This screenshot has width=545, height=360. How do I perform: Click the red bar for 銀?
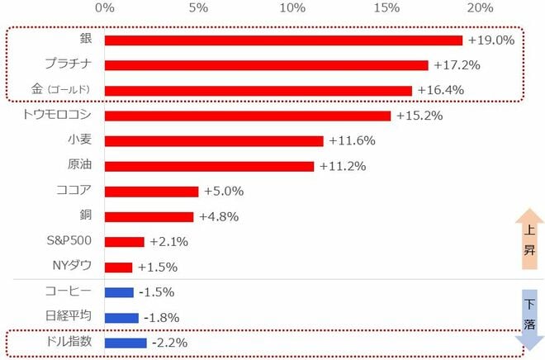point(283,40)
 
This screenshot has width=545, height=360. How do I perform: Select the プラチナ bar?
point(267,65)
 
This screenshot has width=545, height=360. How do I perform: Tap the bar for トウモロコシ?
point(248,116)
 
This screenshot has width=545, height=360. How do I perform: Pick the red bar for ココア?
point(152,192)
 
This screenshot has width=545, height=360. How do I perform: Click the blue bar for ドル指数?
point(126,343)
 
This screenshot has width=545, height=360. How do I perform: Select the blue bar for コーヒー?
point(119,292)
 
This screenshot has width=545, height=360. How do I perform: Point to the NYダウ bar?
point(119,268)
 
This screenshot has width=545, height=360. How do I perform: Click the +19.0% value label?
point(491,40)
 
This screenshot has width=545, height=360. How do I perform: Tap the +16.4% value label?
point(441,90)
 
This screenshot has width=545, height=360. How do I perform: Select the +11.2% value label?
point(343,166)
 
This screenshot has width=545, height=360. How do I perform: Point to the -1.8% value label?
point(162,318)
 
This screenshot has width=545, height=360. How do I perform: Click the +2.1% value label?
point(169,242)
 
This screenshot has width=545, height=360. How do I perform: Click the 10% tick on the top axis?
point(292,7)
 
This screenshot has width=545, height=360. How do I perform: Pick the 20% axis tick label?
point(481,7)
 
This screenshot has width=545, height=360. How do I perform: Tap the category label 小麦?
point(80,140)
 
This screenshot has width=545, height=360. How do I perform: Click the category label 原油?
point(80,164)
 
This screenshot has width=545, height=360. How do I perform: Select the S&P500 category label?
point(69,240)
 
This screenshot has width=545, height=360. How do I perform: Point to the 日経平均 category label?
point(69,316)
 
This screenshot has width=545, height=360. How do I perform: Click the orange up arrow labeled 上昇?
point(529,239)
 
